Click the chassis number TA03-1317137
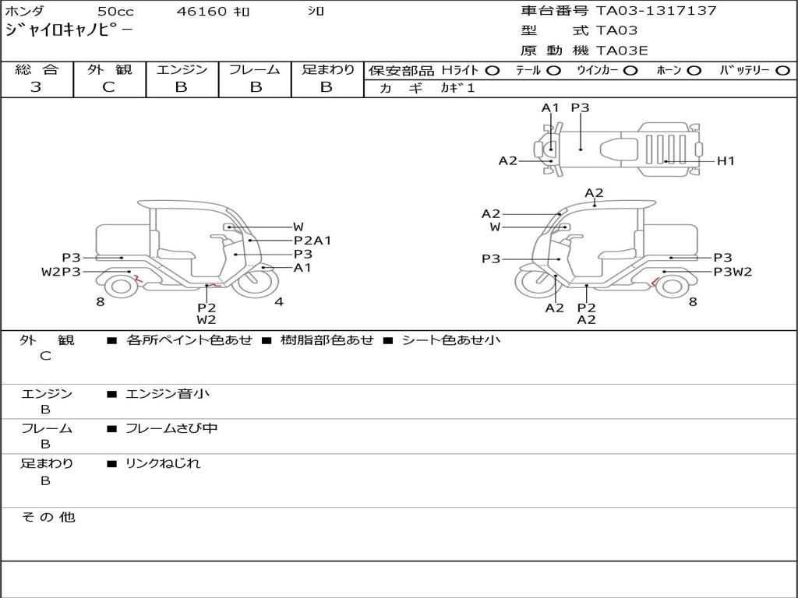point(656,11)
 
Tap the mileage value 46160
point(202,12)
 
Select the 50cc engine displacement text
point(115,12)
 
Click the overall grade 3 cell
point(36,87)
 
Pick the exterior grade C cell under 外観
point(108,87)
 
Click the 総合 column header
point(36,70)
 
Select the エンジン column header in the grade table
point(182,70)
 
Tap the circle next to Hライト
point(492,71)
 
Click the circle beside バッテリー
point(782,71)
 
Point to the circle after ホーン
point(694,71)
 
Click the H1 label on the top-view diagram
point(726,161)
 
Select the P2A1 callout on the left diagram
point(312,241)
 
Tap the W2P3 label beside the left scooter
point(61,272)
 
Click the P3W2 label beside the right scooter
point(733,272)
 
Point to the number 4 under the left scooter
point(279,302)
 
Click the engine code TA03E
point(622,51)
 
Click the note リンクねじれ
point(163,463)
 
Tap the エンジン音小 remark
point(168,394)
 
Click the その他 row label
point(48,517)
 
